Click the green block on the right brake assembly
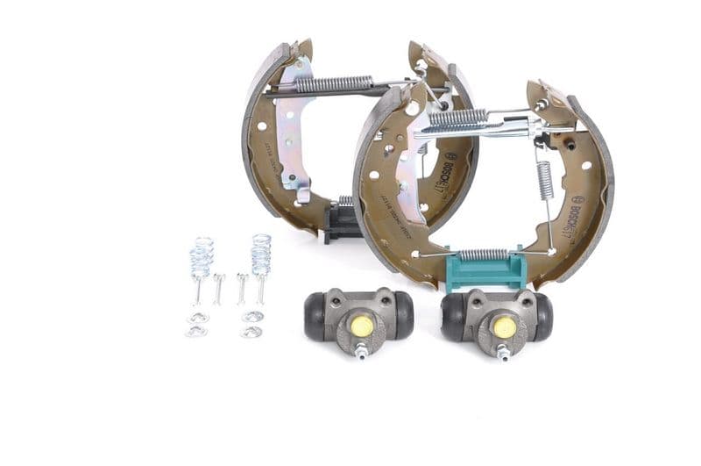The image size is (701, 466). point(486,271)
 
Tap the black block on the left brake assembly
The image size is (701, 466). point(340,224)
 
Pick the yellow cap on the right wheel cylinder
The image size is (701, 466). point(504,326)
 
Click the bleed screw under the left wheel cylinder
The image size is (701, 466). point(360,350)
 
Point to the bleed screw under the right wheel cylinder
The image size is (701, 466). point(503,353)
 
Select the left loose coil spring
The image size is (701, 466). point(202,257)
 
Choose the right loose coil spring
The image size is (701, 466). point(260,255)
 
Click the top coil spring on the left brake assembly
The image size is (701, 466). point(335,83)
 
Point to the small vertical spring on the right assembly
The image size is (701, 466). point(544,180)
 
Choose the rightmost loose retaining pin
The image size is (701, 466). point(260,287)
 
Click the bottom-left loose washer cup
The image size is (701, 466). point(196,331)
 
